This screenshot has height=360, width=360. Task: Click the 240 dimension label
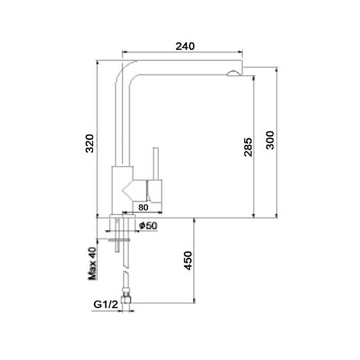185,46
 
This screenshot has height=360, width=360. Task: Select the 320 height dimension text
90,144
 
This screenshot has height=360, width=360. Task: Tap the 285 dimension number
248,147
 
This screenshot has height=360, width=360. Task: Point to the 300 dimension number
270,140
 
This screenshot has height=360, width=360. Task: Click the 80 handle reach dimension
144,207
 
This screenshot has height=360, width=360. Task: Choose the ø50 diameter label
148,226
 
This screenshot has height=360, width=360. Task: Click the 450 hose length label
188,261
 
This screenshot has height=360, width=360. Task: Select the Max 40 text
92,263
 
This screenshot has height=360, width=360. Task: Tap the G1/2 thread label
106,305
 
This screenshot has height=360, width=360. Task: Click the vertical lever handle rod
156,163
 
